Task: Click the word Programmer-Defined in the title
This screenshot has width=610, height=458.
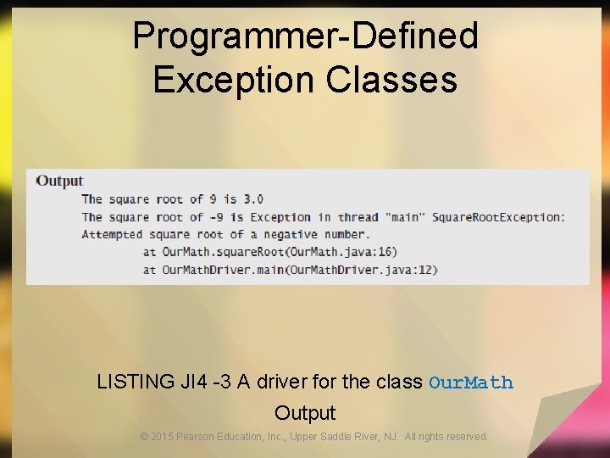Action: (305, 36)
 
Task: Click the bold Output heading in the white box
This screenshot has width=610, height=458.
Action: (59, 181)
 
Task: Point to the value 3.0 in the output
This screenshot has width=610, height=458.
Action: (253, 199)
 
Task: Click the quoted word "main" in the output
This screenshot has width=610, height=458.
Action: (405, 217)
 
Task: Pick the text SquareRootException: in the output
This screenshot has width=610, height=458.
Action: (498, 217)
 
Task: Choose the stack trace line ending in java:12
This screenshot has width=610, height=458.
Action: (290, 270)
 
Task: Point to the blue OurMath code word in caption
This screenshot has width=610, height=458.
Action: (471, 383)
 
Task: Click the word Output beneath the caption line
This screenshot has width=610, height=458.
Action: (305, 413)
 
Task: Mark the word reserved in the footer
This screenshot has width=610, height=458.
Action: (467, 437)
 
